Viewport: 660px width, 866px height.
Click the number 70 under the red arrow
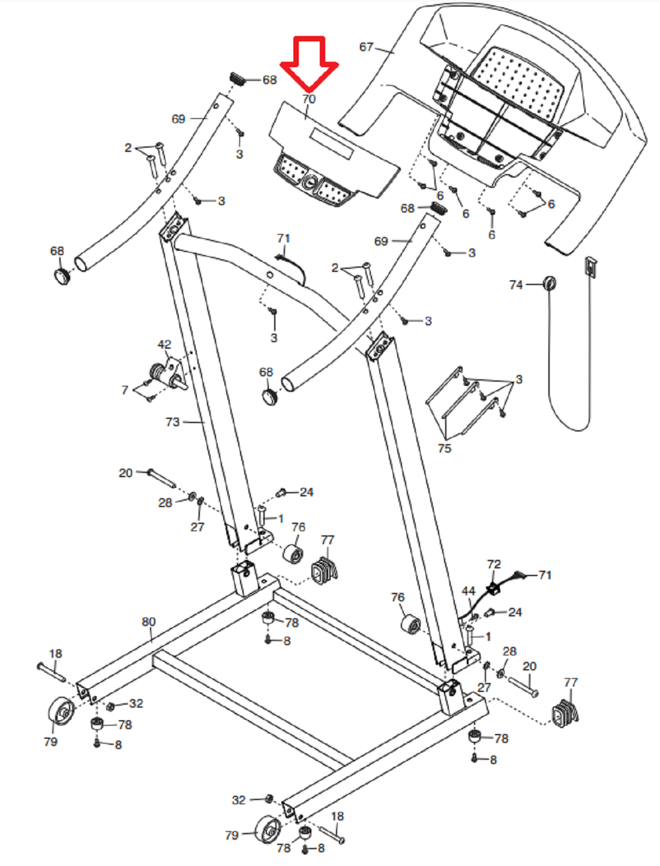tap(309, 99)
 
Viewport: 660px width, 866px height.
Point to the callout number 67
tap(366, 47)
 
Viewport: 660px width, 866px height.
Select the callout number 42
tap(164, 344)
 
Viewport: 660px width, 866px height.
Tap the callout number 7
tap(125, 390)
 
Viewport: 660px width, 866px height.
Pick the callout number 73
tap(172, 422)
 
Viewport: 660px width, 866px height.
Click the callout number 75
tap(444, 448)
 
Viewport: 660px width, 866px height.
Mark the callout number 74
tap(516, 285)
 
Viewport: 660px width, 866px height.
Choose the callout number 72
tap(494, 564)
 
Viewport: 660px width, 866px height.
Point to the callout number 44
tap(469, 591)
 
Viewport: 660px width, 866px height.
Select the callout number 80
tap(149, 622)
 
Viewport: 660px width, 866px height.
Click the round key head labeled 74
tap(549, 283)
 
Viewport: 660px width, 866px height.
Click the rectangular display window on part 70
tap(331, 146)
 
